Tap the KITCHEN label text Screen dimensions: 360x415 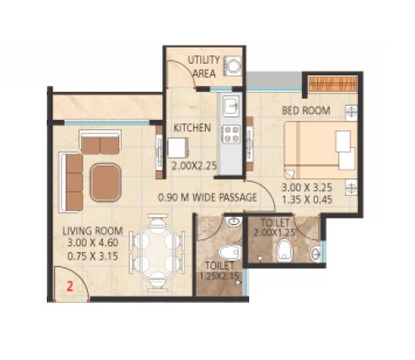coord(192,128)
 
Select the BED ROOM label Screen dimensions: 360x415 coord(307,111)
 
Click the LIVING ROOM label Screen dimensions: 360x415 coord(93,231)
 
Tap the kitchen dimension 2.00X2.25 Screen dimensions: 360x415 coord(196,167)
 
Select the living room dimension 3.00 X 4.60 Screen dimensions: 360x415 coord(93,243)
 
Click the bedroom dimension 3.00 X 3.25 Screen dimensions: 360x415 coord(311,186)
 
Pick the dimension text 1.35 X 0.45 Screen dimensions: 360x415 coord(311,198)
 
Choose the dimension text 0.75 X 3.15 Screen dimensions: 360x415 coord(93,254)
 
